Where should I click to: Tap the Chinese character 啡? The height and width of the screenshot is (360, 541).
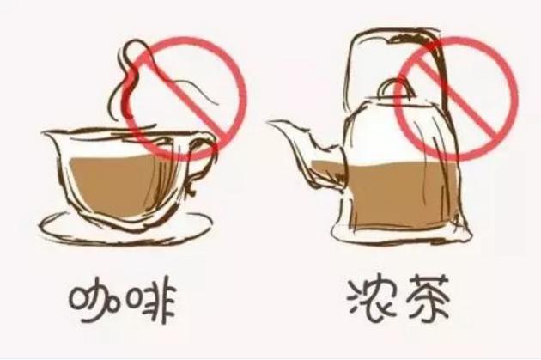coord(151,299)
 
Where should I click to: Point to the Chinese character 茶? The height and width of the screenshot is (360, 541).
coord(429,297)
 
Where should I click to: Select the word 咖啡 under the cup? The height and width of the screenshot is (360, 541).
coord(122,300)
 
